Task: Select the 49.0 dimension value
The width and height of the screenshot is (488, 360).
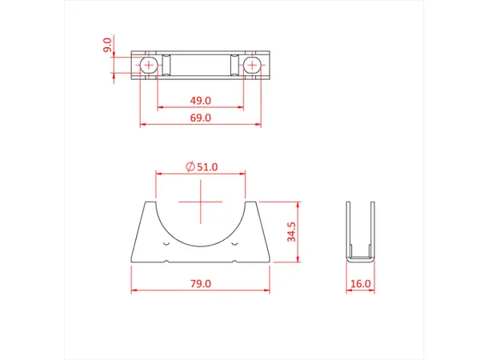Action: pos(200,100)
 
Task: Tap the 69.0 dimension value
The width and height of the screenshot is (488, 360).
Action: pos(200,118)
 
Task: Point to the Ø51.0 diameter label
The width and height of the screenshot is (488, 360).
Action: pos(201,166)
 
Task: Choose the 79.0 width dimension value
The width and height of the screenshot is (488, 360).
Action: pos(200,283)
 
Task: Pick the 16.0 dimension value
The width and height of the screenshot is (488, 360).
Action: pos(361,283)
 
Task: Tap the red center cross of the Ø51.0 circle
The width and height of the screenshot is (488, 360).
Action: pos(200,202)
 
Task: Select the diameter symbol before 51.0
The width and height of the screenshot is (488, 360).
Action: pos(190,166)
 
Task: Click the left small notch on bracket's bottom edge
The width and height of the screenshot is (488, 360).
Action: pos(166,259)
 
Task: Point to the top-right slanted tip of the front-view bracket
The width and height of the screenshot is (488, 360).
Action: pos(254,203)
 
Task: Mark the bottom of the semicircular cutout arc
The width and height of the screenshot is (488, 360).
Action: pos(200,242)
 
